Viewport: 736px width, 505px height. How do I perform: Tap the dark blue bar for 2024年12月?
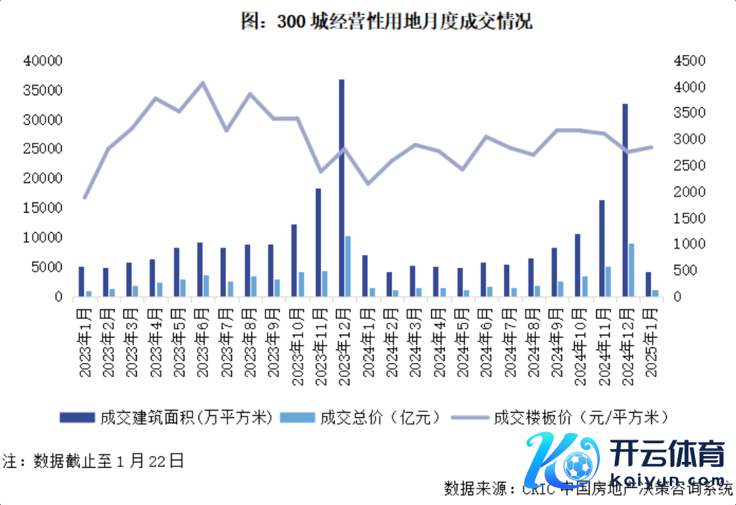(x=625, y=199)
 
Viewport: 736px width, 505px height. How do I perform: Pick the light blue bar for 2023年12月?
(x=348, y=266)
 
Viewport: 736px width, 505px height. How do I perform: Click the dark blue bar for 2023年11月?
(x=318, y=242)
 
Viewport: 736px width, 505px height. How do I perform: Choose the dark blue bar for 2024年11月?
(x=601, y=248)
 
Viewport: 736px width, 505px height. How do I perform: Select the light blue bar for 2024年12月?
(x=632, y=270)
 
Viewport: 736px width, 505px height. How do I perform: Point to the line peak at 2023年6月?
(x=204, y=83)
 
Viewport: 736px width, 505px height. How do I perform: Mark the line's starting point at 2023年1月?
(x=85, y=198)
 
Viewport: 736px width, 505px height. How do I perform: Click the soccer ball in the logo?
(x=576, y=466)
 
